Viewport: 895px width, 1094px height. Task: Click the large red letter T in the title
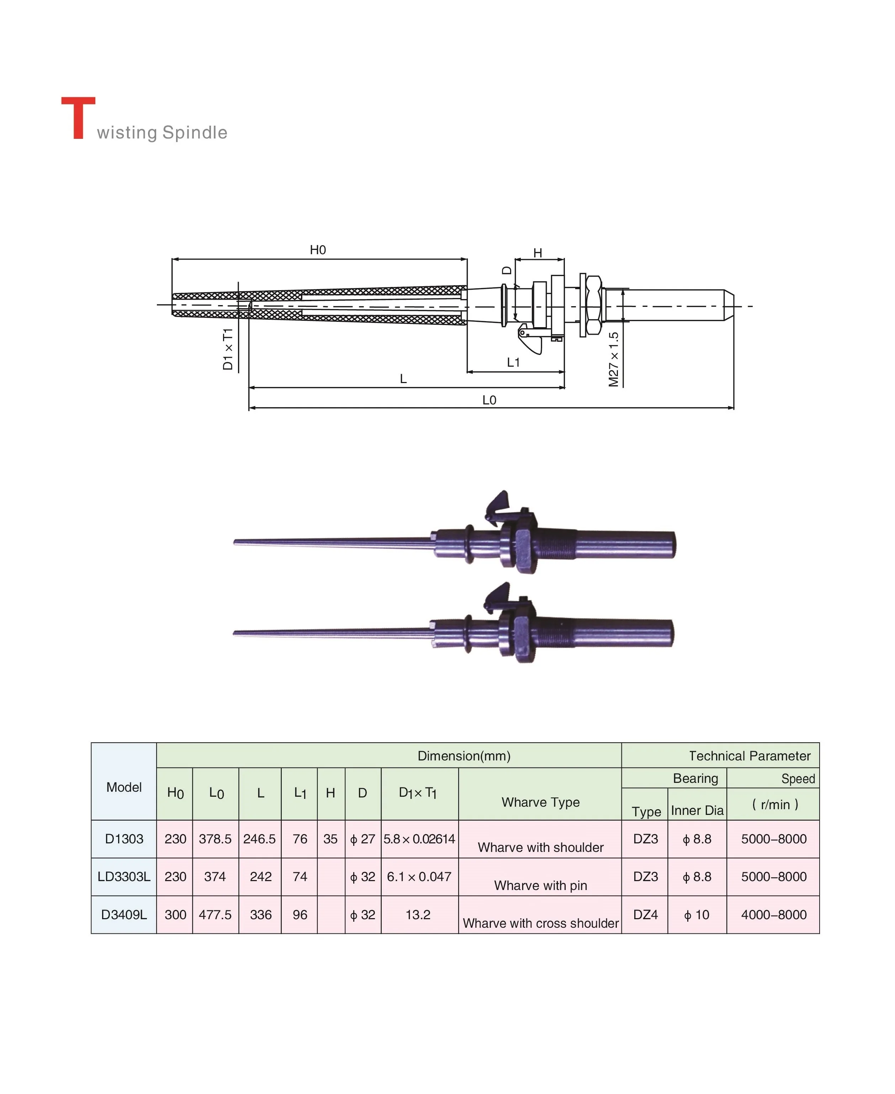point(78,118)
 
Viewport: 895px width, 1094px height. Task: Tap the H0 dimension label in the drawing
point(318,250)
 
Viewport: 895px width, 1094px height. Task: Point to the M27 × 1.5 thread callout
point(613,359)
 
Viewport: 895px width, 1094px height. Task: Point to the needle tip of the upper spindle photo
point(236,542)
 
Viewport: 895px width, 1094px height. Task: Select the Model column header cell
point(124,787)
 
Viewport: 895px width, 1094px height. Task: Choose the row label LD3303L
point(124,877)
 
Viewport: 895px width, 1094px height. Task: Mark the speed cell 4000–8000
point(773,915)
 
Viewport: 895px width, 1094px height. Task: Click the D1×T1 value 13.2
point(418,915)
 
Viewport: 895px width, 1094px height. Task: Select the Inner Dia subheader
point(697,811)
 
